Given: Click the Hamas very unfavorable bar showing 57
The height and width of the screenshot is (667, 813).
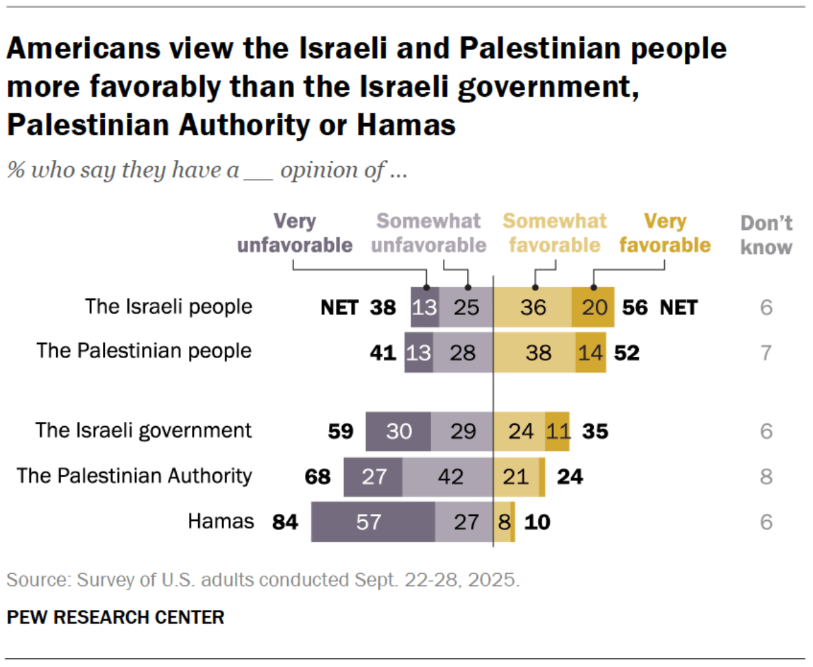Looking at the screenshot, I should [x=373, y=522].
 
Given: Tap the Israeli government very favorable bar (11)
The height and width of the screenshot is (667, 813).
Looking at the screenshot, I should [x=557, y=431].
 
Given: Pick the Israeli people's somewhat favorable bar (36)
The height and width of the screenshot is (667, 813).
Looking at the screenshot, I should [x=533, y=307].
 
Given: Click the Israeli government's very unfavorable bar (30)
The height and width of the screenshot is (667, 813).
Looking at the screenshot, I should [x=398, y=431].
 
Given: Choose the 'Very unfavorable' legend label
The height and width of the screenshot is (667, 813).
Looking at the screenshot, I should [x=295, y=233].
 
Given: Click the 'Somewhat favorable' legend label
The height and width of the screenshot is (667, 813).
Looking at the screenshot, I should [x=555, y=233].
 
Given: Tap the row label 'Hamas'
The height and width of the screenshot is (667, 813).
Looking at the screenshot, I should [x=221, y=522].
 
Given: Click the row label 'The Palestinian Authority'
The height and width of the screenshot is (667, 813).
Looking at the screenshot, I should [x=134, y=476].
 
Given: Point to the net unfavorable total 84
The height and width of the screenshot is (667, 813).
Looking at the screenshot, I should [x=285, y=522].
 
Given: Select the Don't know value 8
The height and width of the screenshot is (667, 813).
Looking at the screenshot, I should [x=766, y=476].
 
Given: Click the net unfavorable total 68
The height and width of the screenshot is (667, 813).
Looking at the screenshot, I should [x=317, y=476].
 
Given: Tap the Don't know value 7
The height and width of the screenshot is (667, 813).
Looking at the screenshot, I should [x=766, y=352].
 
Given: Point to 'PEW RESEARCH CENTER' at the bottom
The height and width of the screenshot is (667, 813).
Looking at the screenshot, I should [x=115, y=617].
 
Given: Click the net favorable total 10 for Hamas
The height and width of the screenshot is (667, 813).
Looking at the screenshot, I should [x=537, y=522].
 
